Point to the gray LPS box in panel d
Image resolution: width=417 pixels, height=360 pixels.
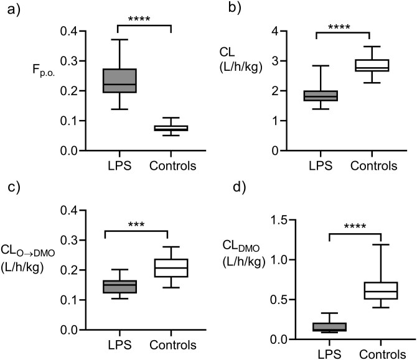pos(321,326)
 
